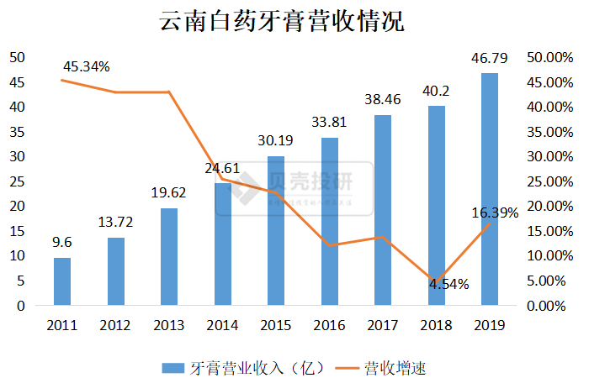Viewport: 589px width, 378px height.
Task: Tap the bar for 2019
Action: (489, 189)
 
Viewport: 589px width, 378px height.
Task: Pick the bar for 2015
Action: (276, 231)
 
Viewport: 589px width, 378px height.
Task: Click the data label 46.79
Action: (489, 59)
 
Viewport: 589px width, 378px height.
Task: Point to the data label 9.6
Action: (62, 243)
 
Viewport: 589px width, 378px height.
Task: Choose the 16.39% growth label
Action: (495, 213)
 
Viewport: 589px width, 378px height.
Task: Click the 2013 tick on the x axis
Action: (169, 325)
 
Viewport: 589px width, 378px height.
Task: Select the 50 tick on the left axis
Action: (17, 57)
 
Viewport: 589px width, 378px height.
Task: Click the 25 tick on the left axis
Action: (17, 181)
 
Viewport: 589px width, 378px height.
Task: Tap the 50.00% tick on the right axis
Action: (548, 57)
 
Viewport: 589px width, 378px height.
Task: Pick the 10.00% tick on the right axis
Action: (548, 256)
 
